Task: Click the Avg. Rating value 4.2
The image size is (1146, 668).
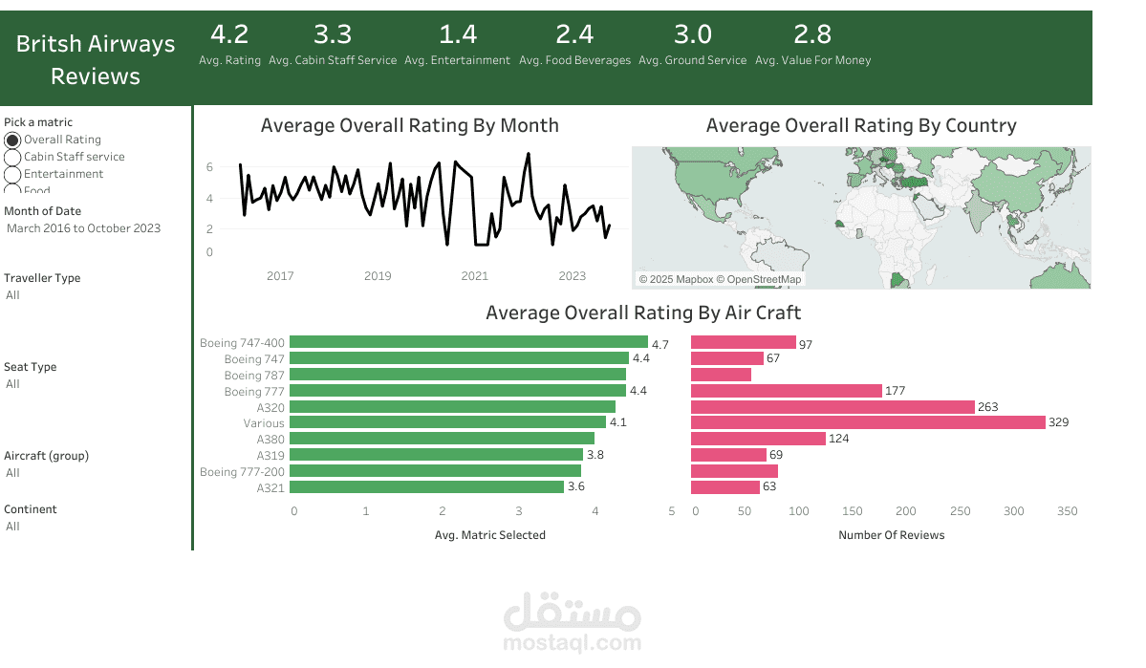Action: click(229, 35)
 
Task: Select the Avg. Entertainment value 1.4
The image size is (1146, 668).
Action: click(457, 35)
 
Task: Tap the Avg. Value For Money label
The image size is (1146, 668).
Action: click(812, 60)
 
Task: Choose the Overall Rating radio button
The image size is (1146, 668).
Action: click(13, 140)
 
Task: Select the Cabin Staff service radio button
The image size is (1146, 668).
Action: click(13, 157)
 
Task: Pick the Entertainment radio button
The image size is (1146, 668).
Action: click(13, 174)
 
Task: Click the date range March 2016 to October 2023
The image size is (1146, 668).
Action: click(83, 228)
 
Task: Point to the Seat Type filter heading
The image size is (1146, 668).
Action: click(31, 367)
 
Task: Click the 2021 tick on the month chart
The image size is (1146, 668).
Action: click(475, 276)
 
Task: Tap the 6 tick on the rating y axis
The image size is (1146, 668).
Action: click(209, 167)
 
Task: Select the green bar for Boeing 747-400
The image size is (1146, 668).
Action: click(468, 342)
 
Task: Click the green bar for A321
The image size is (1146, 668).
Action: click(426, 487)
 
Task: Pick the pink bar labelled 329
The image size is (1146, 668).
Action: click(867, 422)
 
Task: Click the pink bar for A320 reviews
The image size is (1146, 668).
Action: click(832, 407)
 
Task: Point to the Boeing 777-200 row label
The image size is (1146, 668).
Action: click(242, 472)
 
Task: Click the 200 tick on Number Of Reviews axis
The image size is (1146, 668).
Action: click(905, 511)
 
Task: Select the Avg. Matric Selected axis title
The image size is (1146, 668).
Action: click(489, 535)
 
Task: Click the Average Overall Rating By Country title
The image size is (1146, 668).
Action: click(860, 126)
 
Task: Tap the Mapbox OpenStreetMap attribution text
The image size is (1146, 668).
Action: click(720, 279)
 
